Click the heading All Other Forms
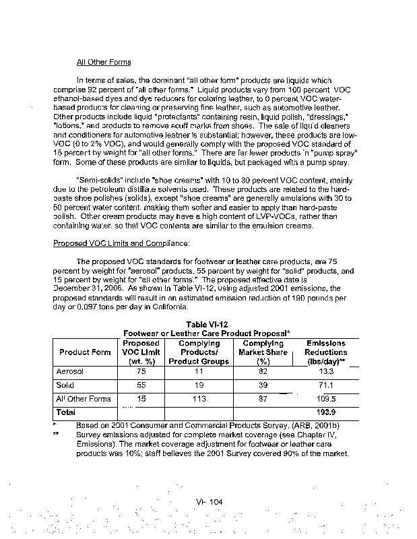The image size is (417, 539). [104, 63]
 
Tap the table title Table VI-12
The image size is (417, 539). [205, 324]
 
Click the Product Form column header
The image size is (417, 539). [85, 352]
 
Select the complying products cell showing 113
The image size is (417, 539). [198, 399]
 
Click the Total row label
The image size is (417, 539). [65, 412]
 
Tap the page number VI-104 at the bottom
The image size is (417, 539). [209, 503]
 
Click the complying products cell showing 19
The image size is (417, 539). [198, 385]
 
